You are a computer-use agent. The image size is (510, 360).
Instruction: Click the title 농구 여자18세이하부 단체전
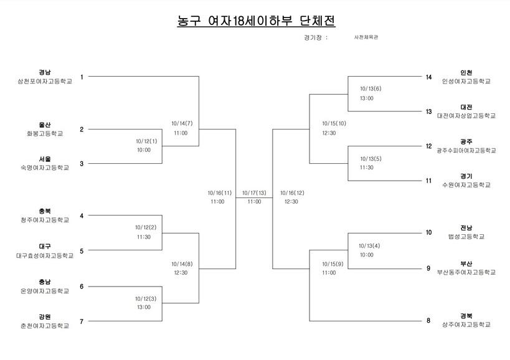256,21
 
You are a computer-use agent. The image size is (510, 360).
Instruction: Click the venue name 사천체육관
366,37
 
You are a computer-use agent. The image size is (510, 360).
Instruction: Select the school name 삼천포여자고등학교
45,82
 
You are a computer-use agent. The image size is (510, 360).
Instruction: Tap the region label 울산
45,125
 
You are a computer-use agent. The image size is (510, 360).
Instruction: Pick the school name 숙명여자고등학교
45,168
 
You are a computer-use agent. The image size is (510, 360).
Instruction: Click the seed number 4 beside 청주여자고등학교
82,216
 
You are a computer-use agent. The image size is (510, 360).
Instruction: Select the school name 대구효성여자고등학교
45,255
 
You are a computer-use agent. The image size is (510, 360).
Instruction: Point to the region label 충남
45,282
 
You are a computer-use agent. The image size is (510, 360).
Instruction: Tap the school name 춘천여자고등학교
45,326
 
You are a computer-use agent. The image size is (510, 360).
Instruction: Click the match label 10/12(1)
146,141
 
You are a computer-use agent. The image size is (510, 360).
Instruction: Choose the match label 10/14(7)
182,123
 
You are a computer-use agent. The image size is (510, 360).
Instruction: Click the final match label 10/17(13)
254,193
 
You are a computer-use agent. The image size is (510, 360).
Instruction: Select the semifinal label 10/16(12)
293,193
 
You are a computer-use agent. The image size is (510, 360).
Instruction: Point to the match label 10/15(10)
334,123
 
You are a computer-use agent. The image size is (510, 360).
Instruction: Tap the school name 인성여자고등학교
466,82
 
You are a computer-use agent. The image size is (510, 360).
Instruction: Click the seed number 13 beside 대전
428,111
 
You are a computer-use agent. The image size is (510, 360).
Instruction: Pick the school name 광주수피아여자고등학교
466,151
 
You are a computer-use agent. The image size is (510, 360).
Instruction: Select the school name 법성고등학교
466,237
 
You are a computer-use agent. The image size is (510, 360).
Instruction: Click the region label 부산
466,263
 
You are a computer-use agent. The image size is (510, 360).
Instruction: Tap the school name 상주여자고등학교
466,325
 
